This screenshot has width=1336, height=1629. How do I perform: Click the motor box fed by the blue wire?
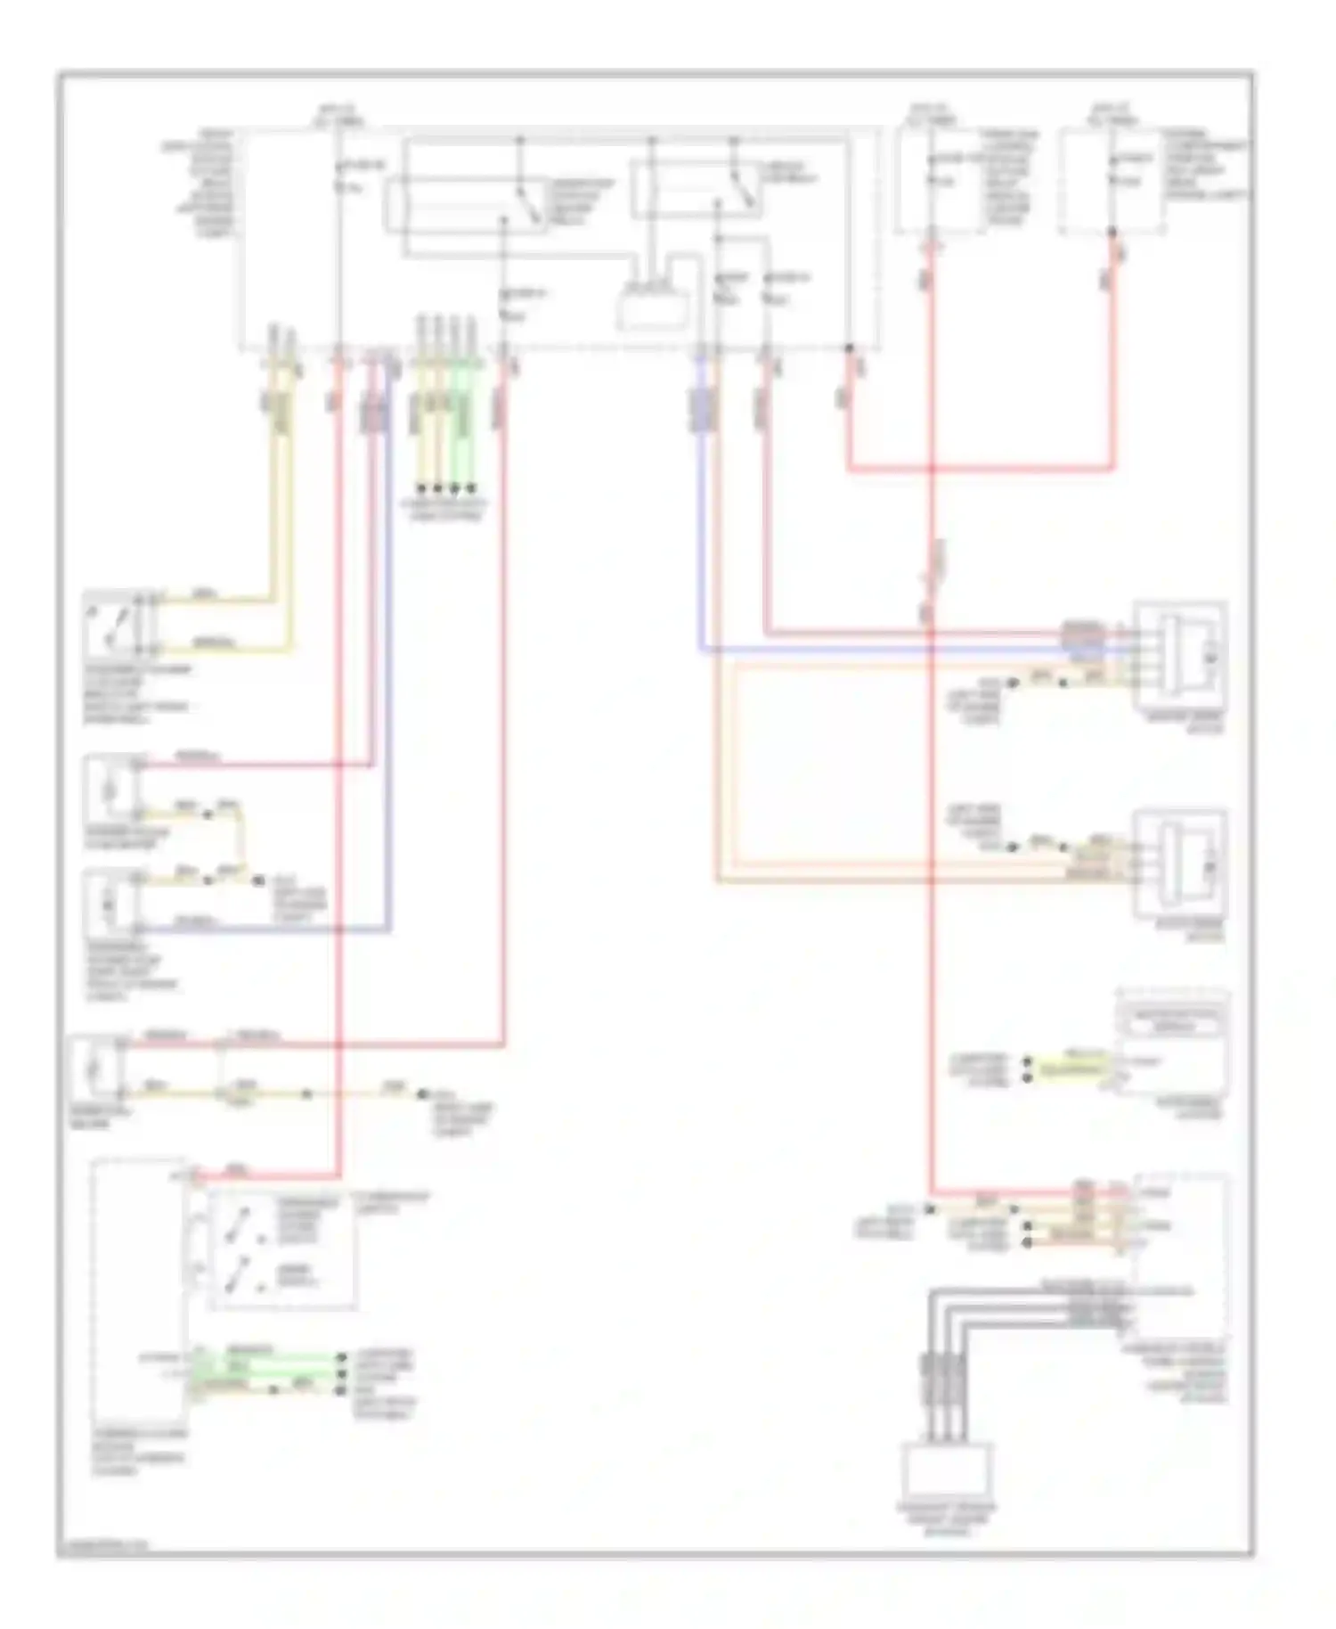(x=1179, y=656)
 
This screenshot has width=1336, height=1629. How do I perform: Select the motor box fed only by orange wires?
(x=1179, y=863)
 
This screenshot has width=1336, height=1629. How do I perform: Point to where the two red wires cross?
(x=931, y=467)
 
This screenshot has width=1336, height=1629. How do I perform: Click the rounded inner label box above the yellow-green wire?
(x=1173, y=1025)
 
